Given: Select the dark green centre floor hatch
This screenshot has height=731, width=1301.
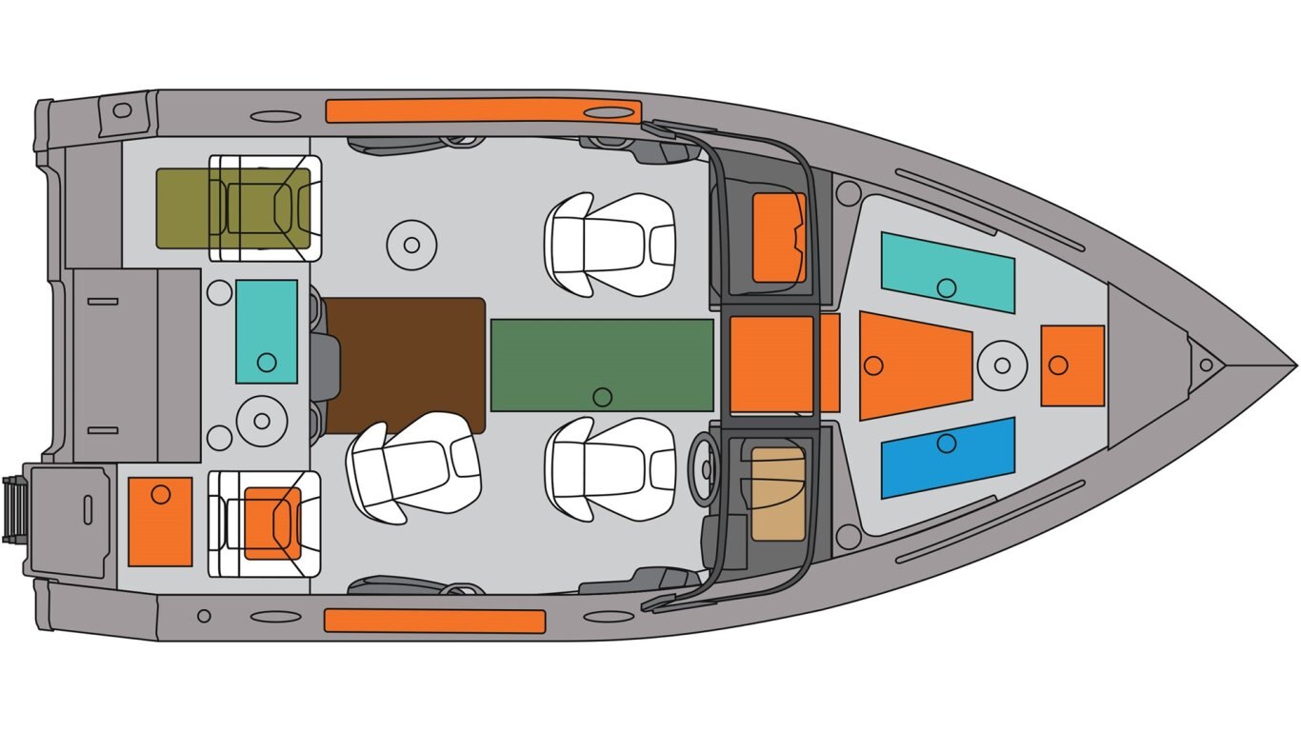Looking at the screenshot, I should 602,364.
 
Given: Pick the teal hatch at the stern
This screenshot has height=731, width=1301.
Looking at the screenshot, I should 267,331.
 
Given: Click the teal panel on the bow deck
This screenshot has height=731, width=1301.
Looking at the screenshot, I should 947,271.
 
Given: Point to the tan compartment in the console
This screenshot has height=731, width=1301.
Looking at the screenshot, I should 778,494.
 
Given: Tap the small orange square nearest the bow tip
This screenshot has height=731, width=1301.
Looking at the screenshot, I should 1072,365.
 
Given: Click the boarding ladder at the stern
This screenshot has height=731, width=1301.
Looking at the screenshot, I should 13,510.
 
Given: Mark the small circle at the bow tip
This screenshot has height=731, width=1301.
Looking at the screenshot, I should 1206,365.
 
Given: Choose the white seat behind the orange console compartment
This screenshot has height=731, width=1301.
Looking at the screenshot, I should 610,245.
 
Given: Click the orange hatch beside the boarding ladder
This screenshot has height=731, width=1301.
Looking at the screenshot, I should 160,522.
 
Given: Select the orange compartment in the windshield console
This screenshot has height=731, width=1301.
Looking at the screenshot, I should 779,238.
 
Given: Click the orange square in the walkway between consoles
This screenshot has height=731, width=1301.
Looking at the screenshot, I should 772,365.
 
